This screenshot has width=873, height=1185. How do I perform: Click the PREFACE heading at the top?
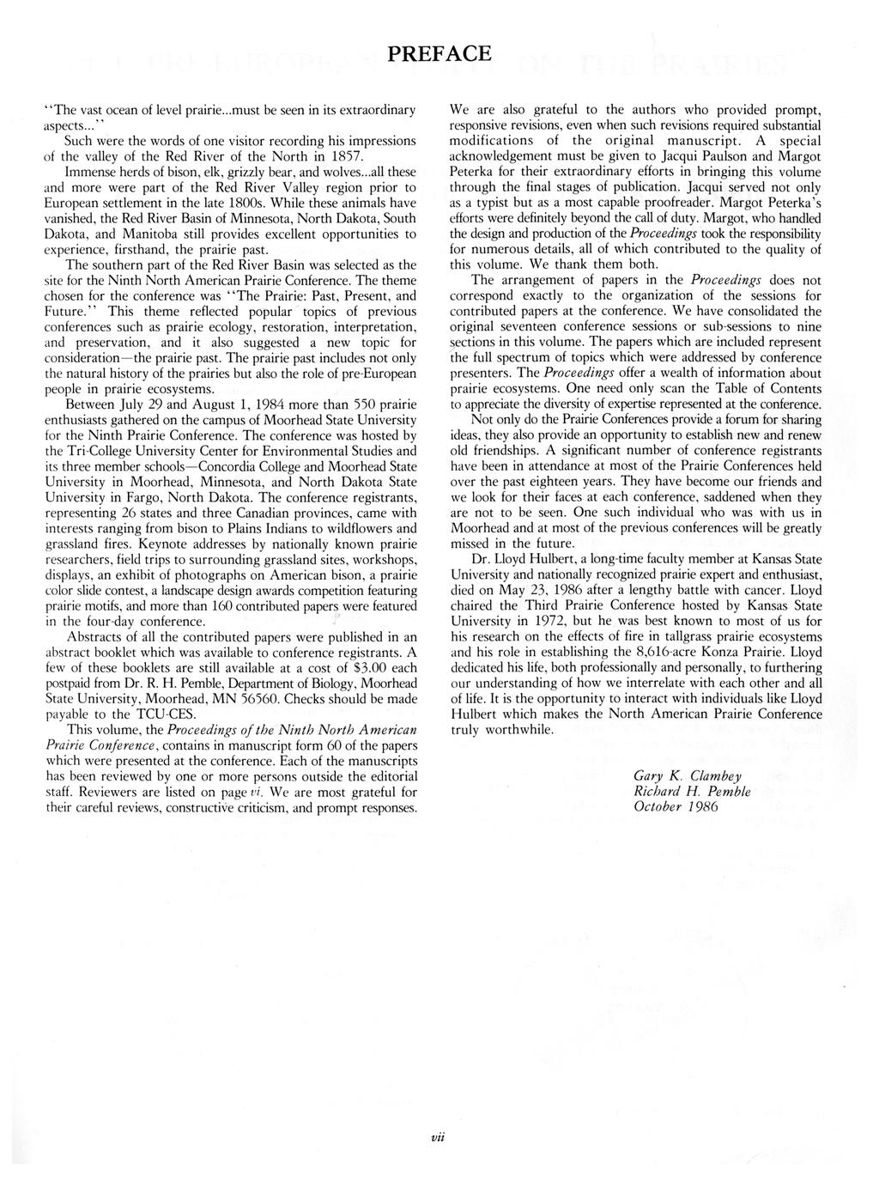click(x=439, y=54)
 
